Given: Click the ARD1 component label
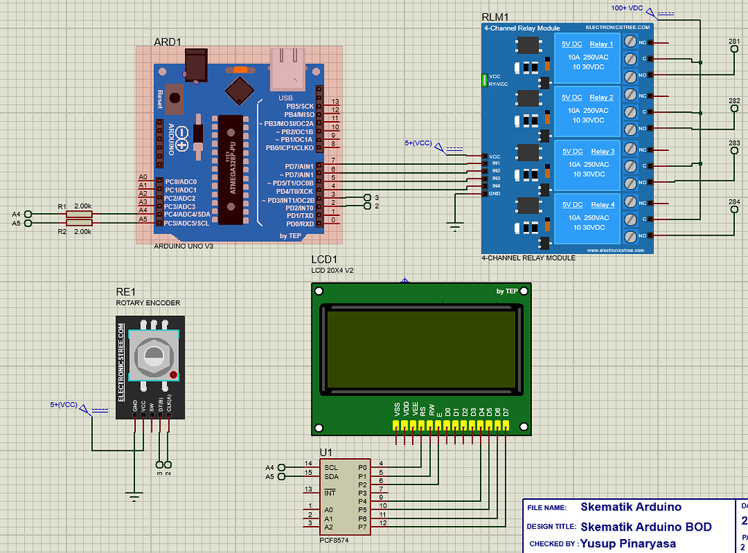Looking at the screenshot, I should [x=167, y=42].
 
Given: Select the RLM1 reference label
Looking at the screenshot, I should [x=495, y=17].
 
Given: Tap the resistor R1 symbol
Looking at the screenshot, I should [x=79, y=214].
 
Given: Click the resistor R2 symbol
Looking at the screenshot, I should [x=79, y=223].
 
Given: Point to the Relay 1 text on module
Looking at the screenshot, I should [x=601, y=45].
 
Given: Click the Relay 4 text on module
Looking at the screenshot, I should [x=601, y=205].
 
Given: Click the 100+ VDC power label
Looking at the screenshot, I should [x=627, y=8].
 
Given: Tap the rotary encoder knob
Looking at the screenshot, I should [x=153, y=355].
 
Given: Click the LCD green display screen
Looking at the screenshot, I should [x=423, y=349].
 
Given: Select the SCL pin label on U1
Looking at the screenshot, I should [x=331, y=467].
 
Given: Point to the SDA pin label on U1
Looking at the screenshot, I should [x=331, y=476].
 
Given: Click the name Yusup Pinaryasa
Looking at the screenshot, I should [x=628, y=544].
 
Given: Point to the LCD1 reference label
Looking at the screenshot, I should [x=324, y=260].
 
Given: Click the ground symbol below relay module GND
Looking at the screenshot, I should [x=454, y=228].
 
